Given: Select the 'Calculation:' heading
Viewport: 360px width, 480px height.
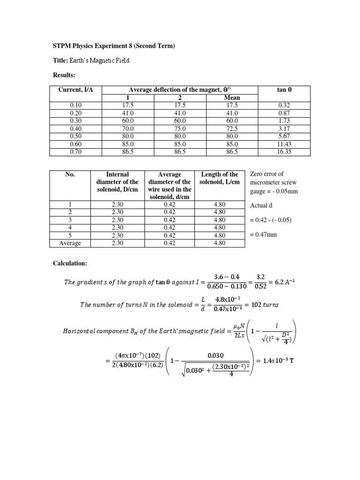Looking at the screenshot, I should click(x=70, y=263).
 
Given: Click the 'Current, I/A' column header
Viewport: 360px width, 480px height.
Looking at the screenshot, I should click(x=75, y=90).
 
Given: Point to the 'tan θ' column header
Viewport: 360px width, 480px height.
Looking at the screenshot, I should click(x=285, y=90).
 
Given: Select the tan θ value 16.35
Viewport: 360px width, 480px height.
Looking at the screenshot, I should click(x=285, y=152).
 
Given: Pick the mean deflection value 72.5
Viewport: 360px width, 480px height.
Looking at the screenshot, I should click(x=232, y=128).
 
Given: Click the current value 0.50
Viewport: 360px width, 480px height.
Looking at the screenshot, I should click(x=75, y=136).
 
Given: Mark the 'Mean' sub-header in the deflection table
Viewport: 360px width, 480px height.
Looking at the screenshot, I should click(x=232, y=98).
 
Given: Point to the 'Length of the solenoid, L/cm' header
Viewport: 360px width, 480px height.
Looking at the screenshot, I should click(x=219, y=178).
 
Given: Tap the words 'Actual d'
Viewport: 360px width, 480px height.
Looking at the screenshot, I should click(x=261, y=205).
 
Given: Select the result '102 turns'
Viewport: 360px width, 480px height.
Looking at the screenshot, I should click(x=265, y=304).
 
